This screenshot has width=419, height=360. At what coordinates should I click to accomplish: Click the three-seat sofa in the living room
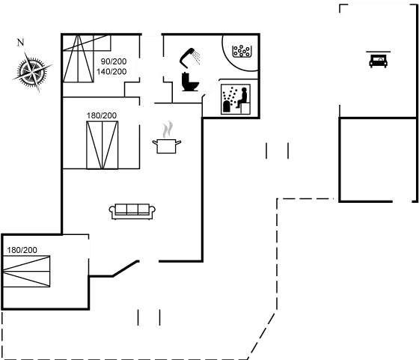click(x=132, y=212)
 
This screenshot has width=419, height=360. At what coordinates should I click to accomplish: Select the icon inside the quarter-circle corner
click(x=241, y=52)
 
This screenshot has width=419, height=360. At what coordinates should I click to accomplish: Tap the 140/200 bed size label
click(x=110, y=71)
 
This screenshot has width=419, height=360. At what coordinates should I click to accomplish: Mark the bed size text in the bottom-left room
click(x=22, y=249)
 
